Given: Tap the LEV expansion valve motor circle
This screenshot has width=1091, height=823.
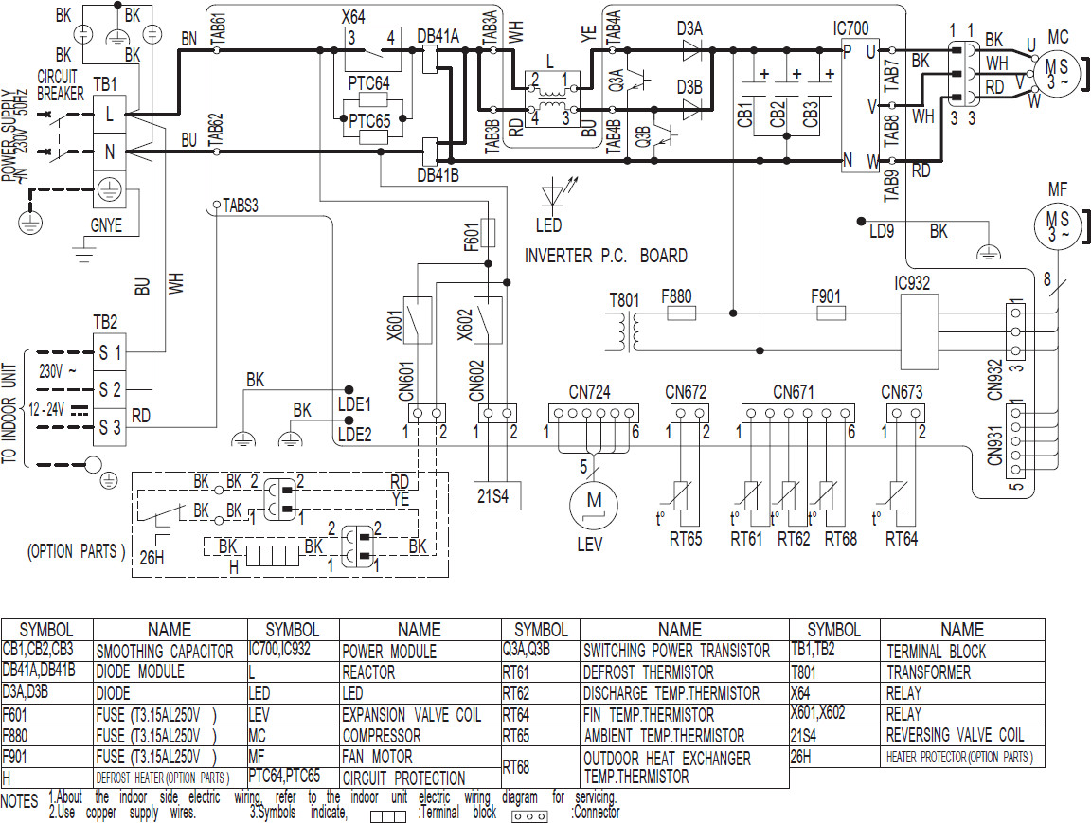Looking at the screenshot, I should tap(593, 502).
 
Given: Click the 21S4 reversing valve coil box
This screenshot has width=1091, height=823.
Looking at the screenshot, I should tap(496, 494).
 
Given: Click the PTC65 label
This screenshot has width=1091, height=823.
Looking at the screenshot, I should tap(368, 121).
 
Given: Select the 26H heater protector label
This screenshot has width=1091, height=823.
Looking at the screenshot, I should tap(152, 557).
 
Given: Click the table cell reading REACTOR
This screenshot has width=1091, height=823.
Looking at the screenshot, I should tap(368, 672).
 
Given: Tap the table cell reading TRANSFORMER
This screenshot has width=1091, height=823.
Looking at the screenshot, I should tap(928, 672).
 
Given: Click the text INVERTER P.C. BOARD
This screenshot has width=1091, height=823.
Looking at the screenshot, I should tap(605, 256).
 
